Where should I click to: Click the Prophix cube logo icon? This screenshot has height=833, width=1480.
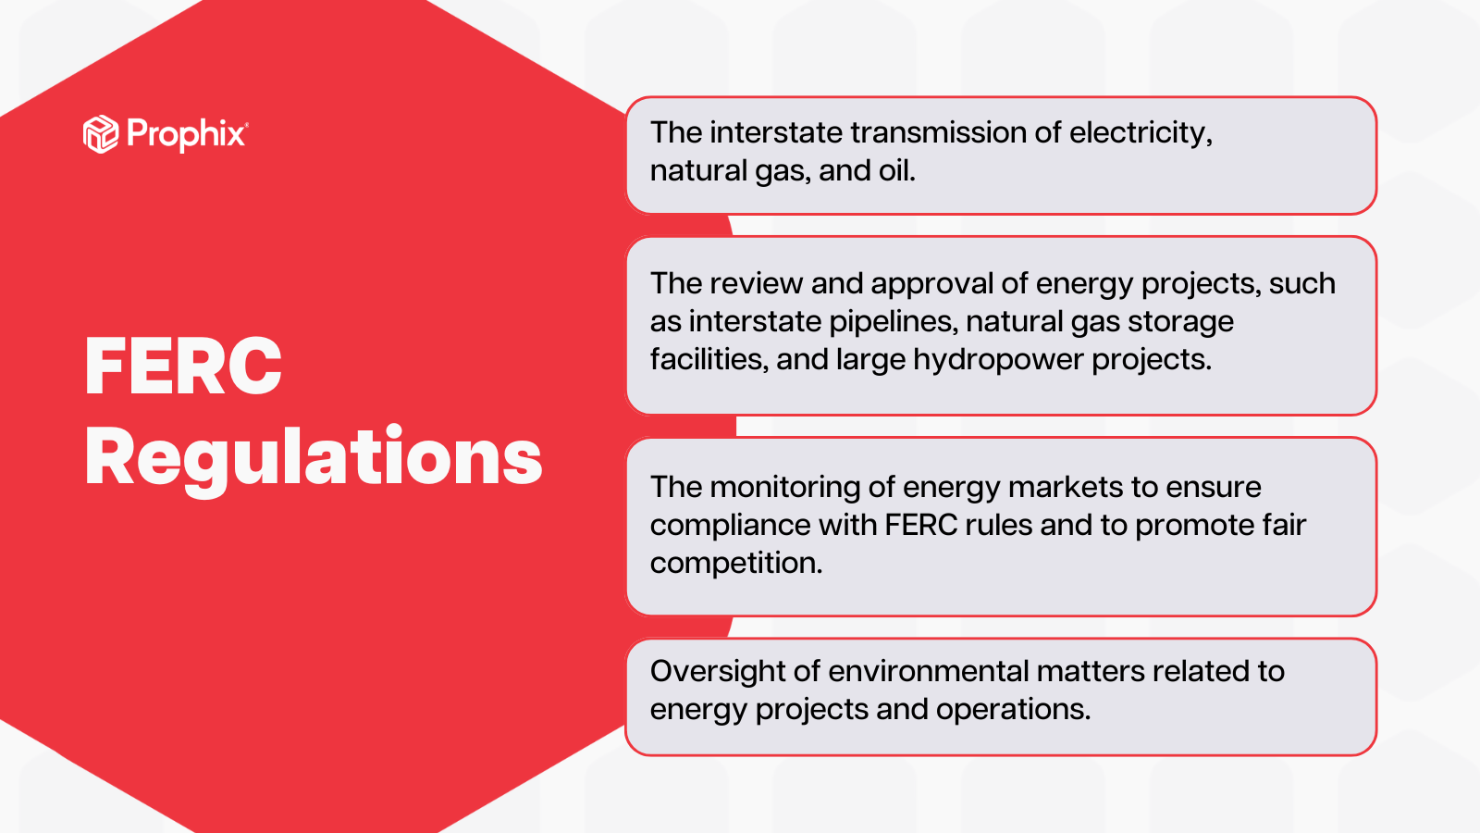click(x=101, y=134)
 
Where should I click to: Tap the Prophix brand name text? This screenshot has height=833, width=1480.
click(x=186, y=134)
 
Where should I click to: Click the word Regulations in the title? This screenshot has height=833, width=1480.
click(x=314, y=457)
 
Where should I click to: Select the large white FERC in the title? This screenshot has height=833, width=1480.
click(x=183, y=367)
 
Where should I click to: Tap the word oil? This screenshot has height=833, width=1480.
click(x=896, y=170)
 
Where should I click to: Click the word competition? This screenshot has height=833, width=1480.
click(x=735, y=563)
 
